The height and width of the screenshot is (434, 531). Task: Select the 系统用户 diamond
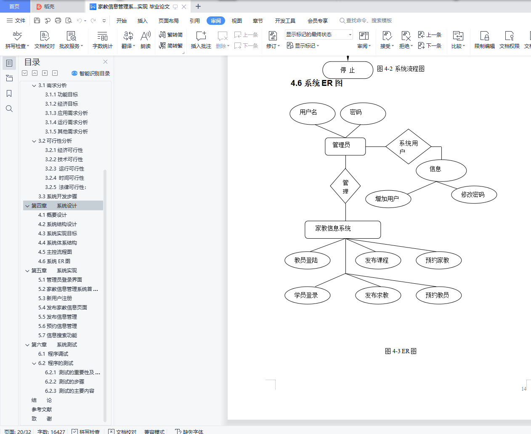pos(408,146)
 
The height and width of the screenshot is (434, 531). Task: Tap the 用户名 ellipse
pos(312,113)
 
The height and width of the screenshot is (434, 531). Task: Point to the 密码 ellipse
pos(363,113)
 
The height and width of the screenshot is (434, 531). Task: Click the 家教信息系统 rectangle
pos(342,229)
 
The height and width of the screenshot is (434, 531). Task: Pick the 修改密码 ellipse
pos(474,195)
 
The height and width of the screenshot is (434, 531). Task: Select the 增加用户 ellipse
pos(388,199)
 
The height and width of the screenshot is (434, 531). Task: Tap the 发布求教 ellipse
pos(377,295)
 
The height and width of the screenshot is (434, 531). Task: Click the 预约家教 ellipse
pos(438,260)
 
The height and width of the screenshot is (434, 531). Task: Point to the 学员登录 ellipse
pos(306,295)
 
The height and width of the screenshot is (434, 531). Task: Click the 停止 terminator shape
pos(348,70)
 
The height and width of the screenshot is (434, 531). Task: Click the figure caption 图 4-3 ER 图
pos(401,351)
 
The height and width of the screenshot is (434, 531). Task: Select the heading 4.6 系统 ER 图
pos(316,83)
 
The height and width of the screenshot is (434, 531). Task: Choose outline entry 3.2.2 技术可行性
pos(64,159)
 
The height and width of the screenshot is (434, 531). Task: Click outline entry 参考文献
pos(42,409)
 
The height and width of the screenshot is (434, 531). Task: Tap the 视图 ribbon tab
pos(237,21)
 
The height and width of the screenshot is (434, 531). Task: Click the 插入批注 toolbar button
pos(201,40)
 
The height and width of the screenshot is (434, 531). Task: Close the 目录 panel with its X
pos(105,62)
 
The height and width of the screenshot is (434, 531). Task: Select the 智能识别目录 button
pos(91,73)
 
